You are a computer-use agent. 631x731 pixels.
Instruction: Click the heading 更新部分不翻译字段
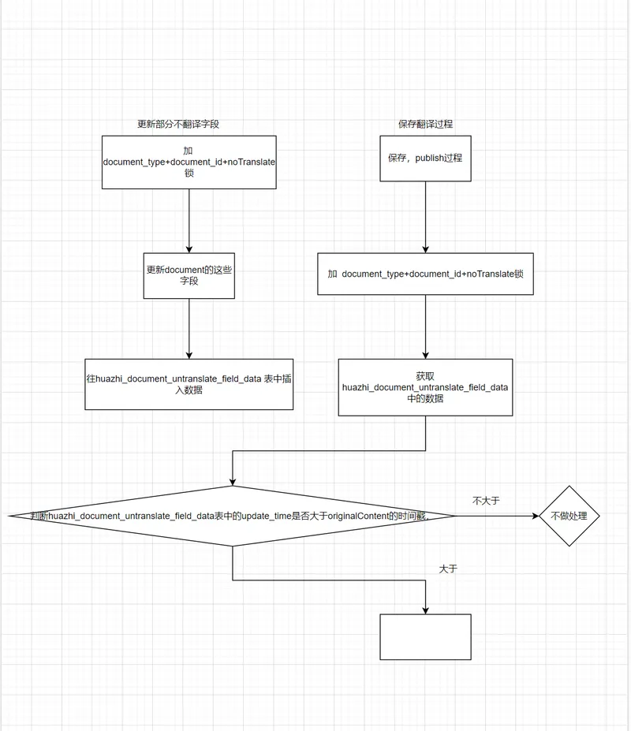(177, 125)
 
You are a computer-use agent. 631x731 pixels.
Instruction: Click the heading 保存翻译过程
(425, 125)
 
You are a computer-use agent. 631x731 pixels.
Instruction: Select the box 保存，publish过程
(425, 158)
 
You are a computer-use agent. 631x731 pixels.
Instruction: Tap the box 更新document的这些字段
(189, 275)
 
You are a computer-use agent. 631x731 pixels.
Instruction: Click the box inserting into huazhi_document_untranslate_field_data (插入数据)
(189, 384)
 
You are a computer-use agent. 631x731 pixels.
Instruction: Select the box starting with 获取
(425, 387)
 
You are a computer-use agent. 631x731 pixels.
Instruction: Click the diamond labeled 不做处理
(569, 517)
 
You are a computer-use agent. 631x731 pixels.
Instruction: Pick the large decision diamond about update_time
(233, 517)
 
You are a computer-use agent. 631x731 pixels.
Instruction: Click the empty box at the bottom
(425, 637)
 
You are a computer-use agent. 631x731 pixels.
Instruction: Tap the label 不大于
(486, 501)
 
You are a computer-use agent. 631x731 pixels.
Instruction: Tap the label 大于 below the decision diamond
(448, 569)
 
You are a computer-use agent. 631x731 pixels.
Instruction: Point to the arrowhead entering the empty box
(426, 610)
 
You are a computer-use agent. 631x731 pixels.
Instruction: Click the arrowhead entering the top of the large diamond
(233, 483)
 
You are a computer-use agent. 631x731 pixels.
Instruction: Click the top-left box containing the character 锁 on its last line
(189, 162)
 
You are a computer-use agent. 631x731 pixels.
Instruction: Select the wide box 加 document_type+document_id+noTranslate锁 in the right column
(425, 274)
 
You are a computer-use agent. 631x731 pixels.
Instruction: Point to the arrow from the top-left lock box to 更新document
(189, 221)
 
